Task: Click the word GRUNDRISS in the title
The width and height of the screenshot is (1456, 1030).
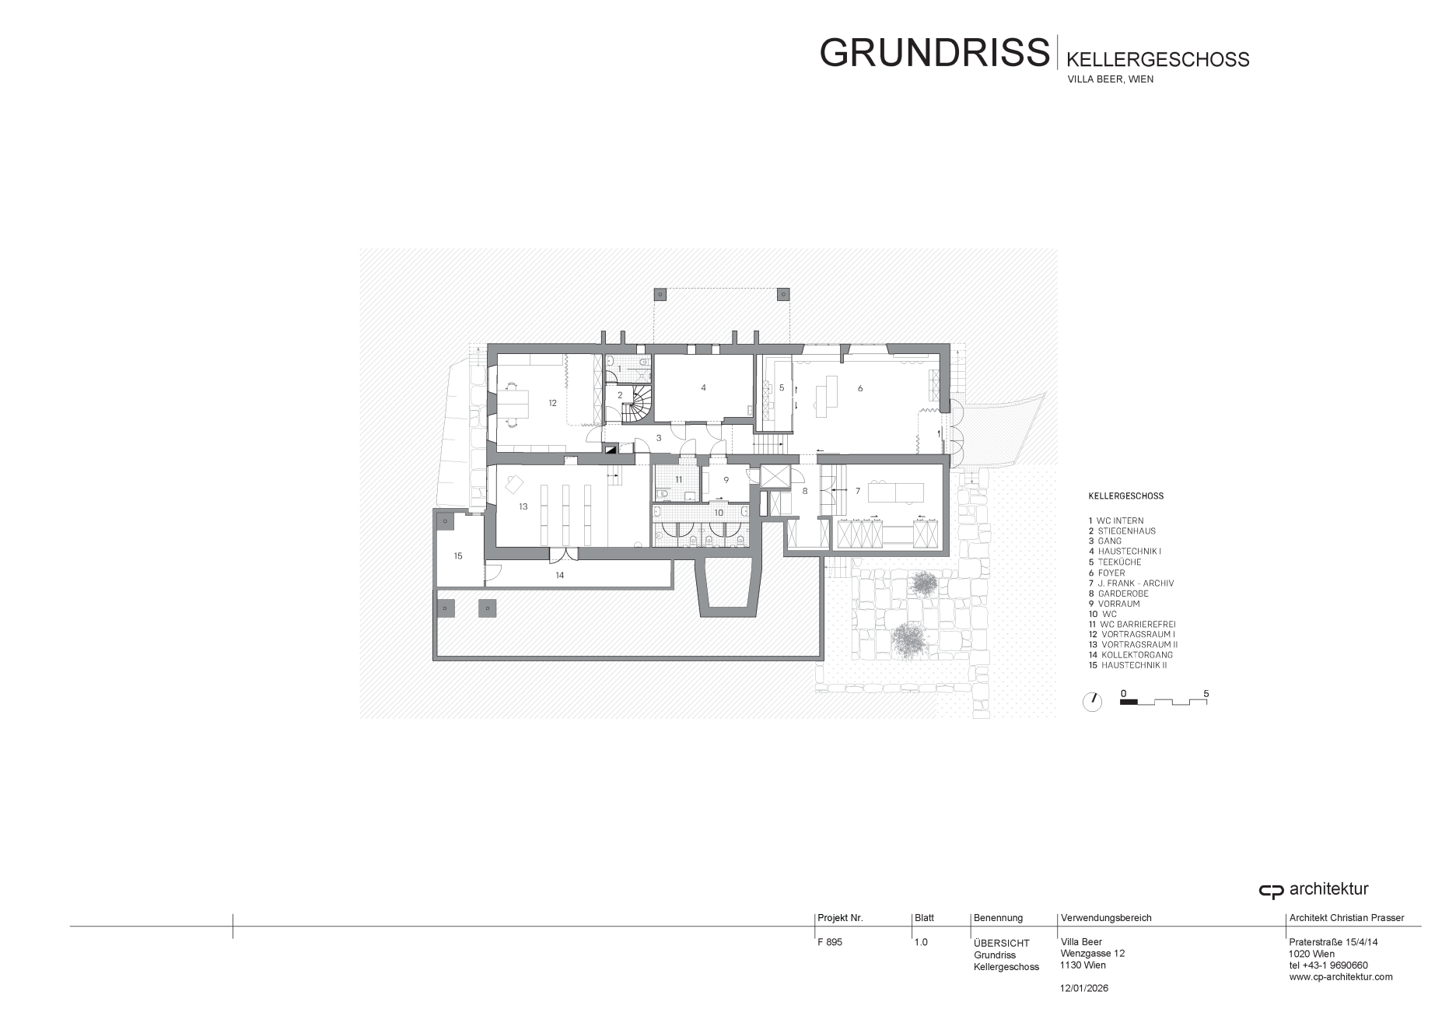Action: click(x=934, y=52)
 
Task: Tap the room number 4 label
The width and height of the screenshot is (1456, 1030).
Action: click(x=703, y=387)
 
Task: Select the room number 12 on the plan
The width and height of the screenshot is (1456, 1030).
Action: click(x=552, y=403)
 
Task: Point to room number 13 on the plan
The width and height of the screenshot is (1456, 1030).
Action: click(x=523, y=506)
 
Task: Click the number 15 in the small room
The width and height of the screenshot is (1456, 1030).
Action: click(x=458, y=555)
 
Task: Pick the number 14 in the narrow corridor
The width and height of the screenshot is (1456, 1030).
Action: click(x=559, y=575)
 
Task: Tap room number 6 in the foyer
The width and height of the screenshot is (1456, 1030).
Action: click(x=860, y=388)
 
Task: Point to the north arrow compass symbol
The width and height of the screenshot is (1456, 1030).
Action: click(x=1092, y=702)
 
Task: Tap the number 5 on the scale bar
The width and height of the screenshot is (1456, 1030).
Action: click(x=1206, y=693)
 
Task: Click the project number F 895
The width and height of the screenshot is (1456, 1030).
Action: click(x=830, y=942)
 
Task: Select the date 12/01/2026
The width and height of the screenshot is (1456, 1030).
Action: click(x=1084, y=988)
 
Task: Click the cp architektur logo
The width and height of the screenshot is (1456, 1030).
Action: click(x=1314, y=890)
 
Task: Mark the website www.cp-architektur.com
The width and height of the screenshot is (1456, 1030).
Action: click(x=1341, y=977)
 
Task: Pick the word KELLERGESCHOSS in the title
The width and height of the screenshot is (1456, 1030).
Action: click(x=1157, y=59)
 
